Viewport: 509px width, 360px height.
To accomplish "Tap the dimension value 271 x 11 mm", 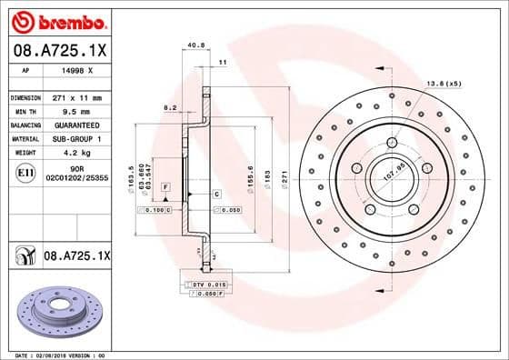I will click(77, 97).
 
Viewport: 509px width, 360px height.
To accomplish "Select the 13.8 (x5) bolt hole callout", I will click(444, 85).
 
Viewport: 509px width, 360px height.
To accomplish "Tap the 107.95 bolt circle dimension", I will click(393, 171).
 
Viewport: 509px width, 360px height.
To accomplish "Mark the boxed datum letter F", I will click(165, 185).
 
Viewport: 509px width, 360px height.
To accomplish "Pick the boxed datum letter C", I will click(217, 195).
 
